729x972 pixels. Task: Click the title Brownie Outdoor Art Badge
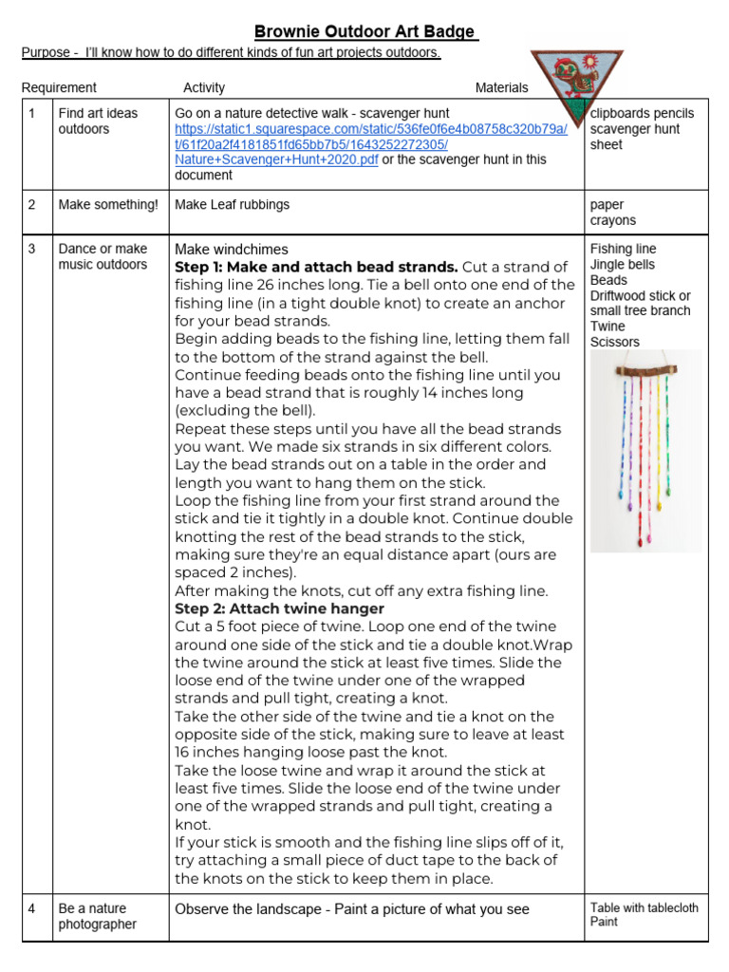click(365, 32)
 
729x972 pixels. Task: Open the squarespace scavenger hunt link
click(371, 144)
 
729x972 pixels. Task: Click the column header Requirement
click(59, 87)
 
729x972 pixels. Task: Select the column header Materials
click(501, 87)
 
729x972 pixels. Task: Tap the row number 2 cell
click(32, 204)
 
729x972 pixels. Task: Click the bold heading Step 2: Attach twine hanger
click(279, 608)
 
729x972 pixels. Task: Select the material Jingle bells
click(622, 265)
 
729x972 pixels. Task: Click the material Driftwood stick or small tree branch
click(640, 303)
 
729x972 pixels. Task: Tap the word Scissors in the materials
click(614, 342)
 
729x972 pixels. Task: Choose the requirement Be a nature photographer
click(98, 916)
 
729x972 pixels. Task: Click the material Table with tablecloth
click(644, 907)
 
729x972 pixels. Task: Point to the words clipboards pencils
click(642, 113)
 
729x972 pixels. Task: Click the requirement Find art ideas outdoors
click(98, 121)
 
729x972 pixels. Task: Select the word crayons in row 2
click(612, 220)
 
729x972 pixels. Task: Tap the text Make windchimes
click(232, 249)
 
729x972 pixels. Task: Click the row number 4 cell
click(32, 908)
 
